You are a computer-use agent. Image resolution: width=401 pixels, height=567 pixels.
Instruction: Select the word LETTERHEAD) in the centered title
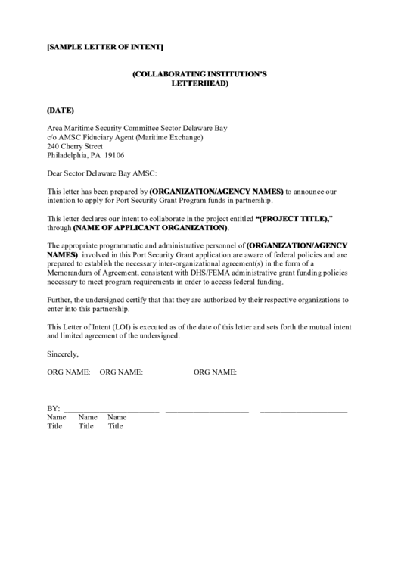tap(201, 83)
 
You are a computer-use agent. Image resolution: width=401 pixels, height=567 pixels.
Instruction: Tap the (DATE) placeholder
tap(61, 111)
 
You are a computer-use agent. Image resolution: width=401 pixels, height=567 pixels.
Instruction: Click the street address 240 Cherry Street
tap(75, 147)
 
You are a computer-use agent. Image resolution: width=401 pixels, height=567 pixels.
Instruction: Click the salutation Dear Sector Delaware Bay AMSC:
tap(101, 173)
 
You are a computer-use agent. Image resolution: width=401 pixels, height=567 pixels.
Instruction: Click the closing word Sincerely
tap(63, 354)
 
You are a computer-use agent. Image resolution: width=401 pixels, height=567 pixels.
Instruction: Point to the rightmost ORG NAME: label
tap(216, 372)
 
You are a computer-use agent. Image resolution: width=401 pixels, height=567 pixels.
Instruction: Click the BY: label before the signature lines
tap(53, 408)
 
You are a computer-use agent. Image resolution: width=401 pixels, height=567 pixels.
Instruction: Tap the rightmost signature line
tap(303, 410)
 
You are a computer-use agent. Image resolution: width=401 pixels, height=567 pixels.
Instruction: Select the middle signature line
tap(207, 410)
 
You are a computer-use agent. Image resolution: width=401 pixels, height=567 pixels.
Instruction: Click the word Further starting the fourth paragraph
tap(61, 300)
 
